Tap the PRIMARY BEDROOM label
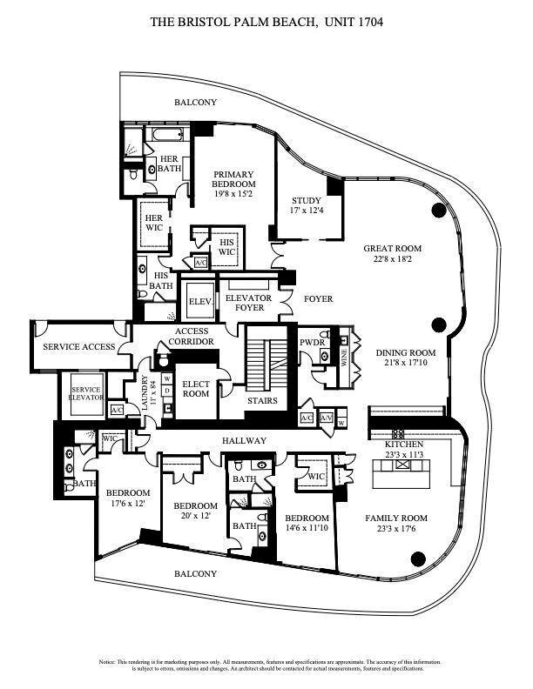(x=234, y=178)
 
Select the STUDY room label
(x=306, y=199)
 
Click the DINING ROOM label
(x=406, y=353)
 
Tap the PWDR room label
(x=312, y=343)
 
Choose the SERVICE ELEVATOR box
(x=85, y=393)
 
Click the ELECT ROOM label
(x=195, y=388)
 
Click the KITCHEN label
(x=402, y=445)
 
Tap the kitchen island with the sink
(x=402, y=472)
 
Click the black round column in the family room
(x=417, y=559)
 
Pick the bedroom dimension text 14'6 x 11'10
(x=307, y=528)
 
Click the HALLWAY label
(x=245, y=441)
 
